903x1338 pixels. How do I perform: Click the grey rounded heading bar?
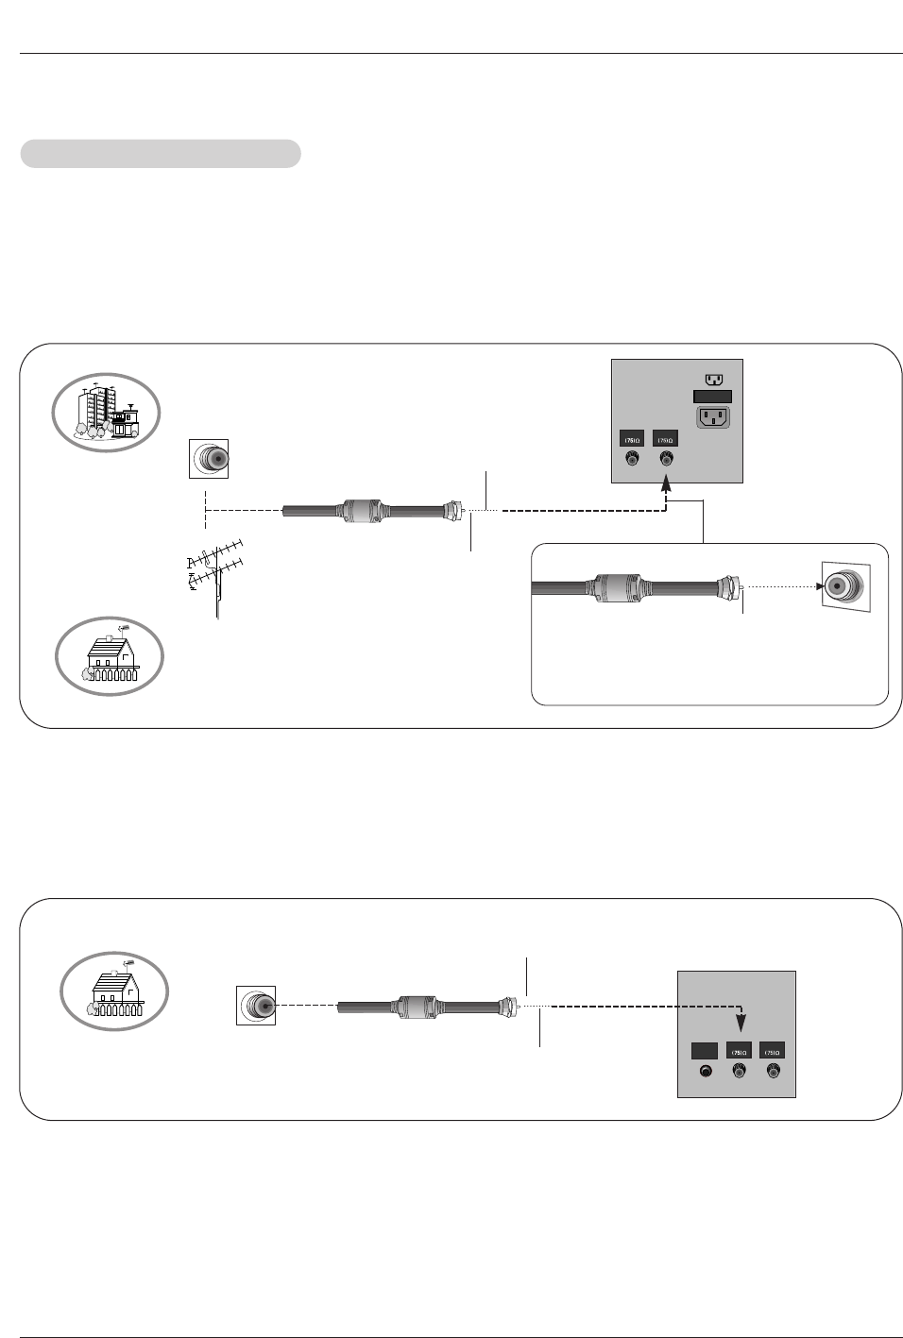coord(161,154)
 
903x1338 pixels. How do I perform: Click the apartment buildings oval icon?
coord(106,413)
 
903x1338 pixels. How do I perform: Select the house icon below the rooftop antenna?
coord(110,655)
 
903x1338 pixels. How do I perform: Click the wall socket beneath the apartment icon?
coord(209,460)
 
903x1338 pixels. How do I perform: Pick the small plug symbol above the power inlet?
coord(714,380)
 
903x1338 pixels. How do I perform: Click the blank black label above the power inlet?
coord(713,398)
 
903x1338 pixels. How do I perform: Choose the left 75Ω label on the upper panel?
coord(632,439)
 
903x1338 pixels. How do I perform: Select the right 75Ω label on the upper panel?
coord(666,439)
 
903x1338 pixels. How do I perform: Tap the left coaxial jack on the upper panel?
coord(632,460)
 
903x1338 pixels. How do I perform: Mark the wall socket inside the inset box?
coord(843,586)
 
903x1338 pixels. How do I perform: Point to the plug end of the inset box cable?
coord(729,586)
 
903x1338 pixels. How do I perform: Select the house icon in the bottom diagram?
coord(114,992)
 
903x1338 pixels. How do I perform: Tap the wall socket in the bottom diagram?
coord(256,1006)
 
